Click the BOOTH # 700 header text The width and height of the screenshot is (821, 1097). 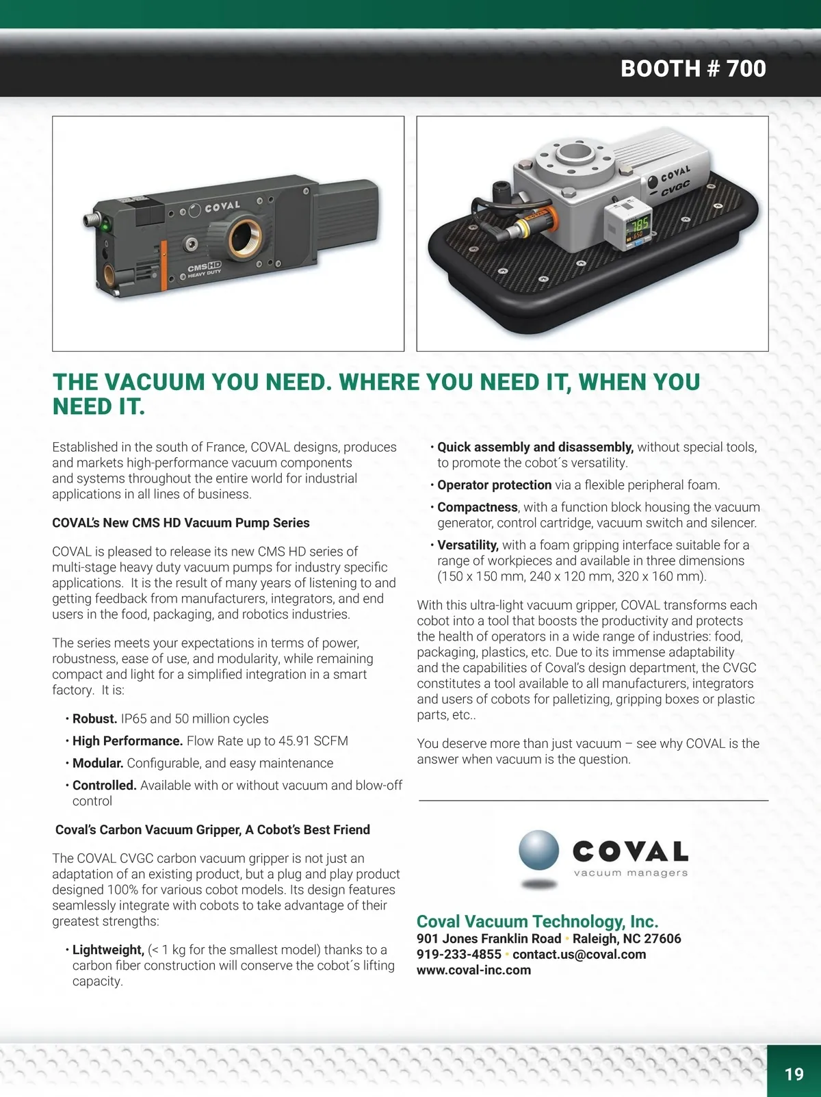693,68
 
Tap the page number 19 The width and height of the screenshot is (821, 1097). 794,1074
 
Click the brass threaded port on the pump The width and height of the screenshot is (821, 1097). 246,235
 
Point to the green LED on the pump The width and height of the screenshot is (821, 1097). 105,227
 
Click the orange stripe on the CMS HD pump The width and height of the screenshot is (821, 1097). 164,266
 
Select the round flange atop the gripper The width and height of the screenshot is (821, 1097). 575,155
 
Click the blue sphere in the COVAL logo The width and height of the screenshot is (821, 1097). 538,850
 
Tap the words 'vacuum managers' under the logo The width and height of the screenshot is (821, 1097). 631,873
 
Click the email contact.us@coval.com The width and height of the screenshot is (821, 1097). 579,954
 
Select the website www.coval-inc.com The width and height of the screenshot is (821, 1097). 473,970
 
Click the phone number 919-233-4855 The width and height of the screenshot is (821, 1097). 458,954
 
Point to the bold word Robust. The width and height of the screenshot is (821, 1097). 95,719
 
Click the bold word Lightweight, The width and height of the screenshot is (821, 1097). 108,950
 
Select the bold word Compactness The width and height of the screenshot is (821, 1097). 478,507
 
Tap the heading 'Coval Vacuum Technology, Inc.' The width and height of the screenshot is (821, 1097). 538,921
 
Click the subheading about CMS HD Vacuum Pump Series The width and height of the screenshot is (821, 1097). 181,523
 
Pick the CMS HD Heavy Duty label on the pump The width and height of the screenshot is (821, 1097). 205,269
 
